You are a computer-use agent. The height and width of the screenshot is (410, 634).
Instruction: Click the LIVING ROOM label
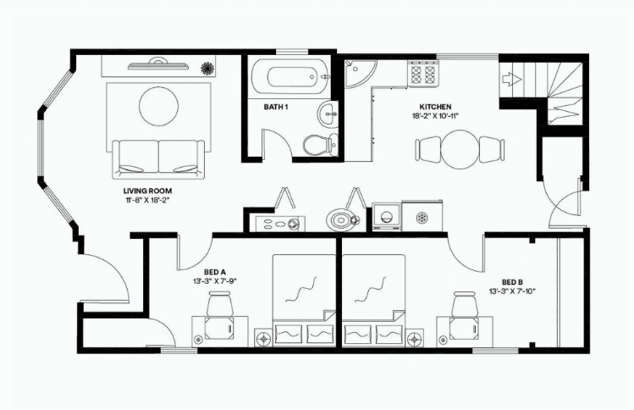[x=147, y=191]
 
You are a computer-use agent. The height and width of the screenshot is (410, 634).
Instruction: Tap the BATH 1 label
[x=276, y=107]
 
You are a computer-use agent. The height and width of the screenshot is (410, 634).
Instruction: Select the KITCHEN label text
[x=435, y=107]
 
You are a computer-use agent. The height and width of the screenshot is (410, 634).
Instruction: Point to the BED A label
[x=214, y=272]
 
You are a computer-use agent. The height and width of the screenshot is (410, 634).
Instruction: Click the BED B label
[x=513, y=282]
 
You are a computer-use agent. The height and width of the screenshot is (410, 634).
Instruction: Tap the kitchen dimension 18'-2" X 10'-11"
[x=435, y=116]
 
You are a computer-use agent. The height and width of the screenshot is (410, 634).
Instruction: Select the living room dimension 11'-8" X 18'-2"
[x=147, y=200]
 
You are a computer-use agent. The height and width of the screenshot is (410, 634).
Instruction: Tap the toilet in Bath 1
[x=320, y=144]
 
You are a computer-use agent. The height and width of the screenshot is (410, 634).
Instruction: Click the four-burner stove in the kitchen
[x=423, y=74]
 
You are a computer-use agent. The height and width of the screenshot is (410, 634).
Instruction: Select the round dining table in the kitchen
[x=460, y=149]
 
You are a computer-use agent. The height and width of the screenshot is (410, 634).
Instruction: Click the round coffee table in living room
[x=158, y=107]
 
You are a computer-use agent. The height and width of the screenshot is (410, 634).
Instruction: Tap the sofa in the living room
[x=158, y=159]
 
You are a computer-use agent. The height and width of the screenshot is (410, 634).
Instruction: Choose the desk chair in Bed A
[x=220, y=304]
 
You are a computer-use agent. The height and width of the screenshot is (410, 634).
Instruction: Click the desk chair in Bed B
[x=465, y=304]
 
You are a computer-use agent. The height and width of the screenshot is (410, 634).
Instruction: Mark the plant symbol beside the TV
[x=207, y=68]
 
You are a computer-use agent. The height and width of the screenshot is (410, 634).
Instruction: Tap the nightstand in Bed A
[x=264, y=337]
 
